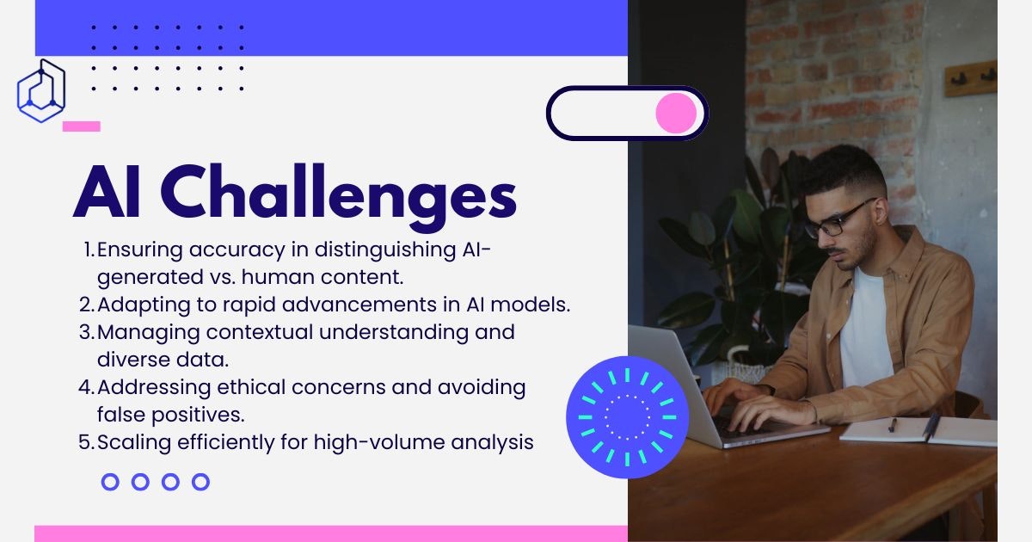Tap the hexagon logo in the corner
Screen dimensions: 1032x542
coord(41,91)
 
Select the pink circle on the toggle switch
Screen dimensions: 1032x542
coord(676,113)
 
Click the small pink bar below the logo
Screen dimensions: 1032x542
coord(82,126)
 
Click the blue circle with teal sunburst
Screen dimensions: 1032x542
coord(627,417)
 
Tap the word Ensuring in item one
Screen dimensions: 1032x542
coord(140,250)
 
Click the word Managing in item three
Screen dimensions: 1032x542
coord(148,333)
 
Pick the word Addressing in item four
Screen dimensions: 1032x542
coord(154,388)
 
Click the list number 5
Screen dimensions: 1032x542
coord(85,442)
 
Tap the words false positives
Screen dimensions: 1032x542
coord(170,416)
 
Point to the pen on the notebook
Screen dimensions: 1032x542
coord(893,424)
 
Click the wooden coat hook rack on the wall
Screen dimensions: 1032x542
coord(971,79)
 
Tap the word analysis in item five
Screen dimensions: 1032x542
coord(492,443)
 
